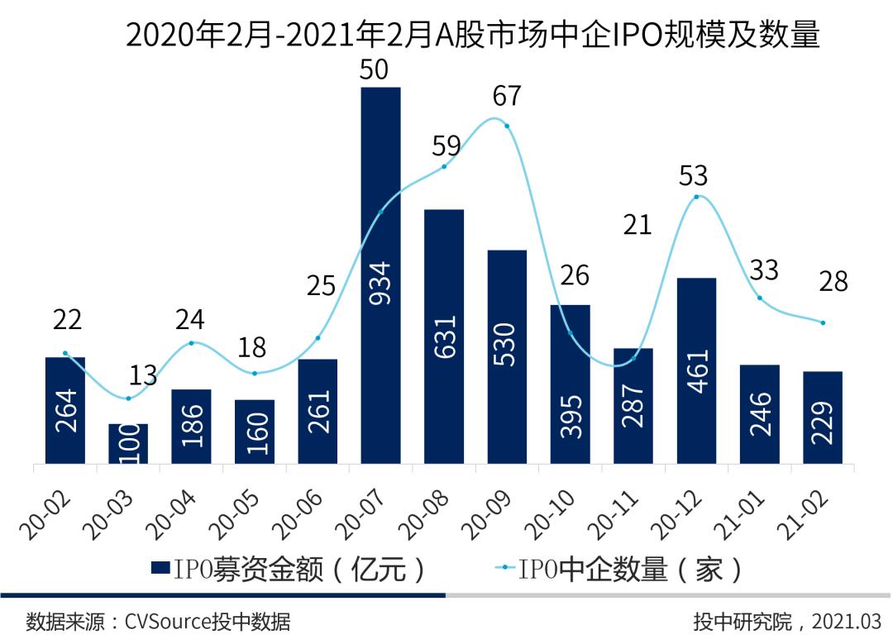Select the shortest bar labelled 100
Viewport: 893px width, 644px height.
(x=128, y=444)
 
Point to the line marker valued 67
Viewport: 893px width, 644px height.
(x=506, y=126)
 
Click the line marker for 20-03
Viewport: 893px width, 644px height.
(x=128, y=398)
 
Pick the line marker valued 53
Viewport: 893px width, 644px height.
(x=697, y=196)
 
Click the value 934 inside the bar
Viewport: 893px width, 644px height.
(x=381, y=284)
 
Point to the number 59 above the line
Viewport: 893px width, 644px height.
(x=446, y=146)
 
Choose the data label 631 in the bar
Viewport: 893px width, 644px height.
(x=444, y=335)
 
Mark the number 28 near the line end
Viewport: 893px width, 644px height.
(x=832, y=281)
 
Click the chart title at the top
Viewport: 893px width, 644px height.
(x=472, y=36)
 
